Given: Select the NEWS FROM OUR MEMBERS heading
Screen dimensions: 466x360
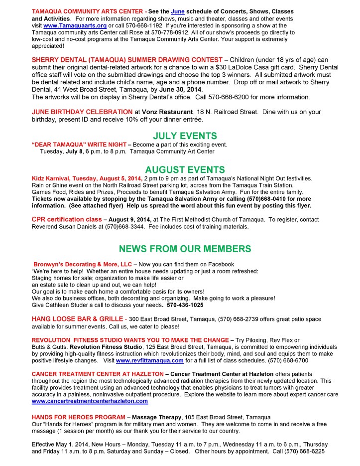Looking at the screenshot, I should point(185,249).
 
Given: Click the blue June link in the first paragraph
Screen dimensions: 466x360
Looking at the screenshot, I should point(179,11).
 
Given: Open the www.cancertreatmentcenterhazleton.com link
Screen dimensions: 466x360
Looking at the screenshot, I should point(90,401).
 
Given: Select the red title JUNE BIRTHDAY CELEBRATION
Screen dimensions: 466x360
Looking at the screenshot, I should point(82,112).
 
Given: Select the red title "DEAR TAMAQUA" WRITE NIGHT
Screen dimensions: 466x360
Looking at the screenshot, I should point(75,144).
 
